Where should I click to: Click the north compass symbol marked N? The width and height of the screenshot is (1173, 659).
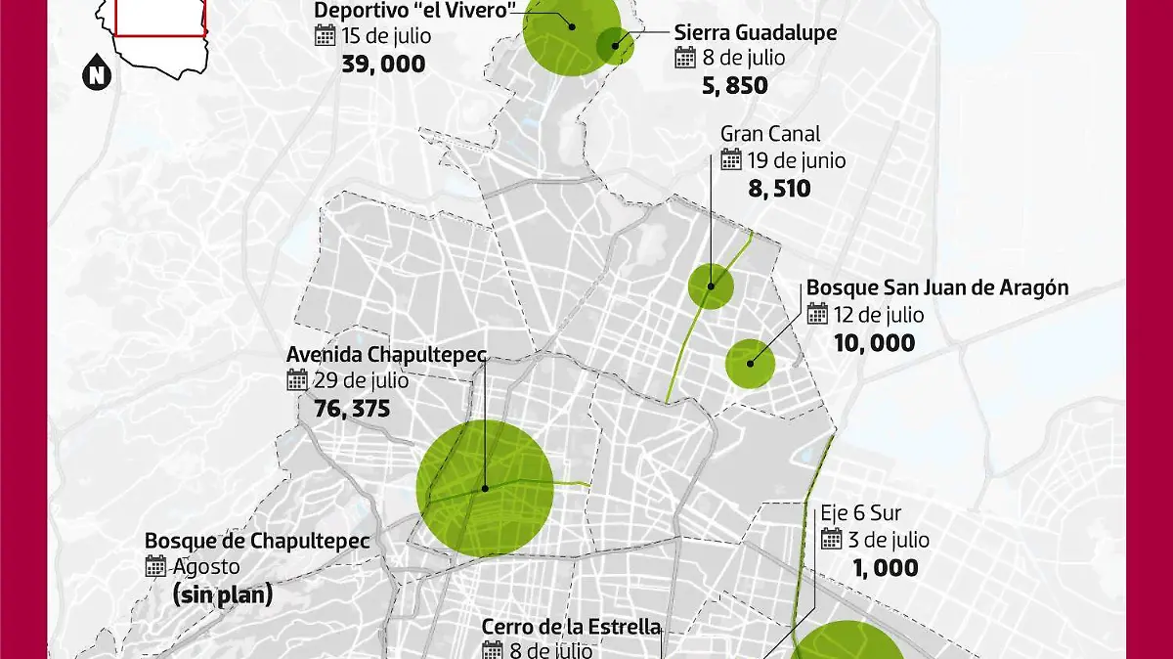96,74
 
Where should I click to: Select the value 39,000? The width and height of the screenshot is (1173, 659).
383,64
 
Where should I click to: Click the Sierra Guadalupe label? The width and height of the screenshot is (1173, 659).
756,32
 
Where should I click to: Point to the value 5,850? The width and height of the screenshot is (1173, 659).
734,86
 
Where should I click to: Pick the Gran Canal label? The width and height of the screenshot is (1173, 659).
770,133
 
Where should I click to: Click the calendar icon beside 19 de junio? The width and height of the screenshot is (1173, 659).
731,159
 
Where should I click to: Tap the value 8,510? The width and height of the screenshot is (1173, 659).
779,188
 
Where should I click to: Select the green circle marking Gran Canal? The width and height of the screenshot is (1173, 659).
711,286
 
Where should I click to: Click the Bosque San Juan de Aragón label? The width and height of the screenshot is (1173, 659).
936,288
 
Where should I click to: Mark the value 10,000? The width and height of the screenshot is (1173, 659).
875,343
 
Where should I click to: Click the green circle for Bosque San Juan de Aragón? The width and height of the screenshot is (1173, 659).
750,363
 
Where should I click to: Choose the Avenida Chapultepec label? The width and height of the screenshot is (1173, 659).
386,354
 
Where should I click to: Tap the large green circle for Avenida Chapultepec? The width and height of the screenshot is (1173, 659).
485,489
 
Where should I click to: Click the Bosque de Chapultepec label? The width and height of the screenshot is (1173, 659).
243,540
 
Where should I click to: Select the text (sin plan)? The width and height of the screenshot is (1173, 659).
222,594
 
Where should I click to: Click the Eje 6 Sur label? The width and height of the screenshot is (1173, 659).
860,512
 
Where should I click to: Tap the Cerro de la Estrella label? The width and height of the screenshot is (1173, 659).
572,627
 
